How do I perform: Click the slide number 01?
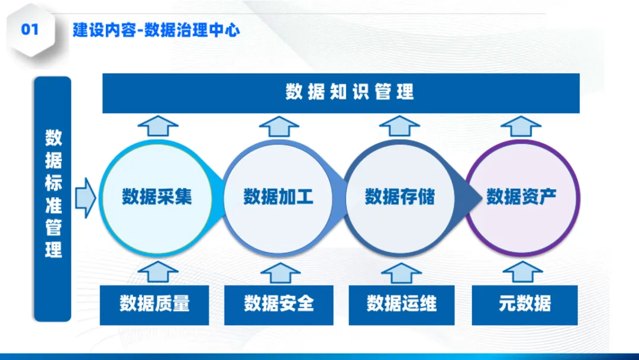(30, 30)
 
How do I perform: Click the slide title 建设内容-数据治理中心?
(156, 30)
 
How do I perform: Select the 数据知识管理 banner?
(341, 92)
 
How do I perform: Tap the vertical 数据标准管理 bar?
(53, 198)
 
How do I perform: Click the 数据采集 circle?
(157, 197)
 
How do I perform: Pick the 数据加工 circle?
(278, 197)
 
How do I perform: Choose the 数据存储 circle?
(400, 197)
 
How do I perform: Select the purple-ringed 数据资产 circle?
(522, 197)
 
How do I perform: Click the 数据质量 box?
(155, 304)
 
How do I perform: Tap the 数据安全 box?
(279, 304)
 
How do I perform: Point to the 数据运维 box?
(402, 304)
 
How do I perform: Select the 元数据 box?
(525, 304)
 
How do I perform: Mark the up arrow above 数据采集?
(158, 126)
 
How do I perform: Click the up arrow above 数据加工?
(279, 126)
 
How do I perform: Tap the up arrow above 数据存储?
(400, 126)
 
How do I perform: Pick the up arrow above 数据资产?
(521, 126)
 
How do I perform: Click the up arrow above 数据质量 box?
(157, 272)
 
